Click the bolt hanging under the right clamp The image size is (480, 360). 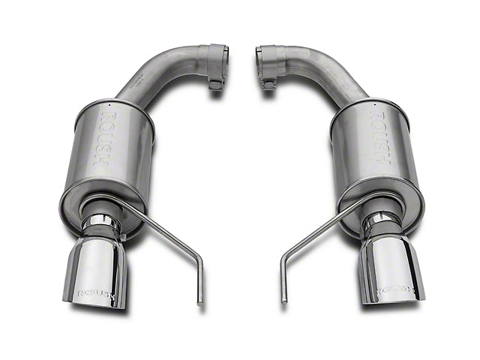pyautogui.click(x=268, y=83)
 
